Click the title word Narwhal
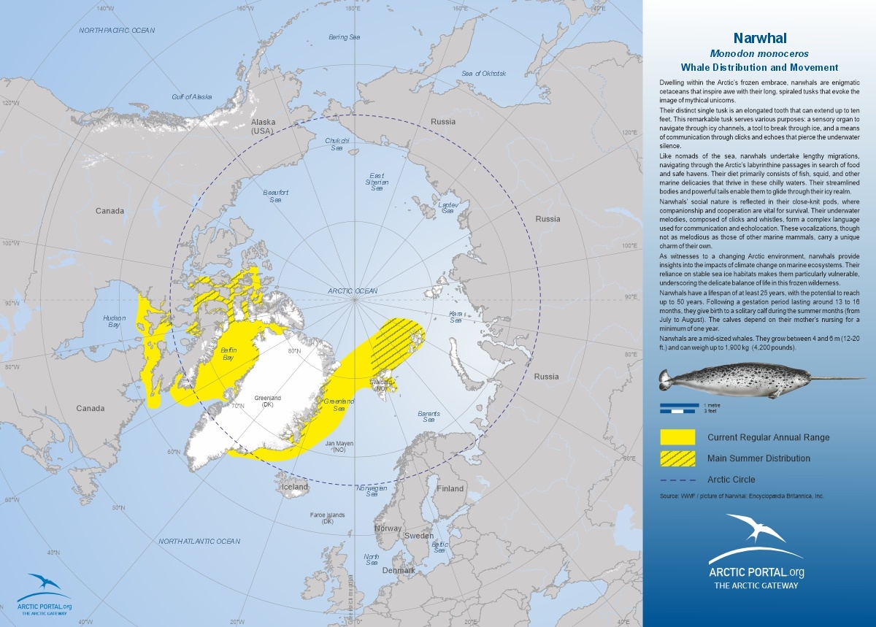759,38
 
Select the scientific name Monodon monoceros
759,53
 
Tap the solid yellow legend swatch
677,437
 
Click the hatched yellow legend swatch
677,458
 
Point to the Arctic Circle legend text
731,480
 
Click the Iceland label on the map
295,487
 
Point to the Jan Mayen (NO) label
339,447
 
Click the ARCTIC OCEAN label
353,291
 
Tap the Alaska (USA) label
261,126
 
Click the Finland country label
450,488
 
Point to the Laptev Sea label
447,207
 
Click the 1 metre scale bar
680,405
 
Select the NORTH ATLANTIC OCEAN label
199,541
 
